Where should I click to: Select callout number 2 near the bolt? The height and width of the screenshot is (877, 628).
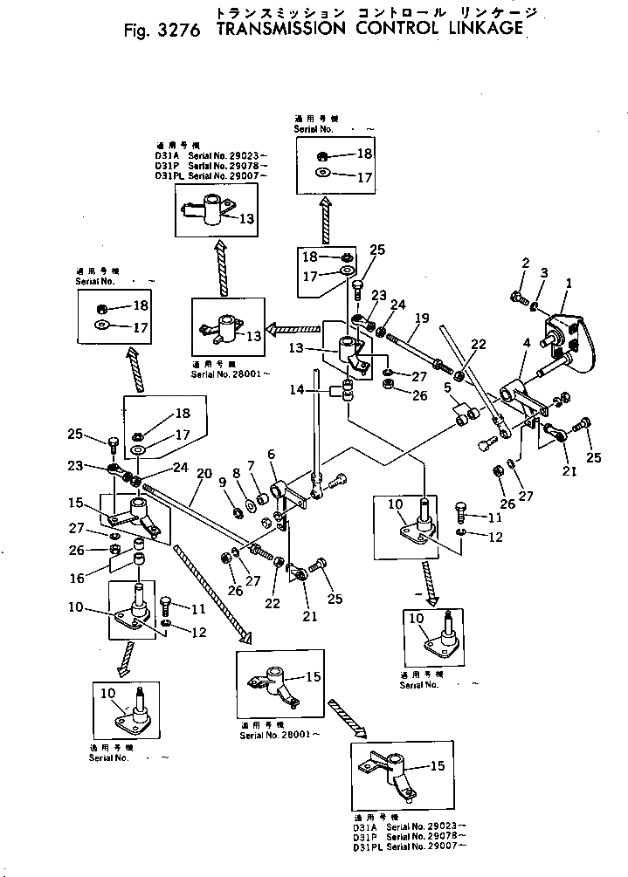pos(526,263)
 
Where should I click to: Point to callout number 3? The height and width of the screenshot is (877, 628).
pos(542,273)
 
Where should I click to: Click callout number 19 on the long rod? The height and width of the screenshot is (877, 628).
pos(422,319)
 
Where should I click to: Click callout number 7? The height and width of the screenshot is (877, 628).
pos(251,465)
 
